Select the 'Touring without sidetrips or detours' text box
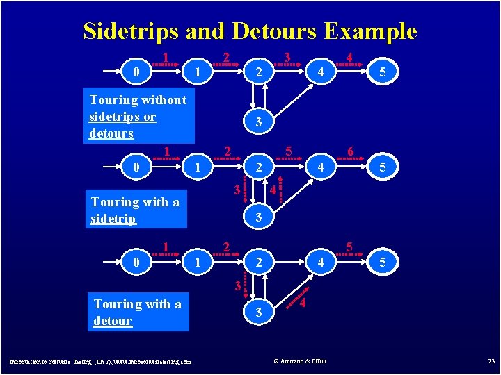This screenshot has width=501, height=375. point(138,116)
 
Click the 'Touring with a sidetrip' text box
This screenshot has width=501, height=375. point(136,210)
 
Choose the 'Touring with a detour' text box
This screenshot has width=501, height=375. point(138,312)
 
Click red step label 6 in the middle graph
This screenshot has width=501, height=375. point(351,151)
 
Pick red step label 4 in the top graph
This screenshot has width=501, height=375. point(349,57)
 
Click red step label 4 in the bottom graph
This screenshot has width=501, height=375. point(303,303)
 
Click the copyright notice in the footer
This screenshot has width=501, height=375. point(300,360)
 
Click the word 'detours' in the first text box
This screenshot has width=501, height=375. point(111,133)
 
